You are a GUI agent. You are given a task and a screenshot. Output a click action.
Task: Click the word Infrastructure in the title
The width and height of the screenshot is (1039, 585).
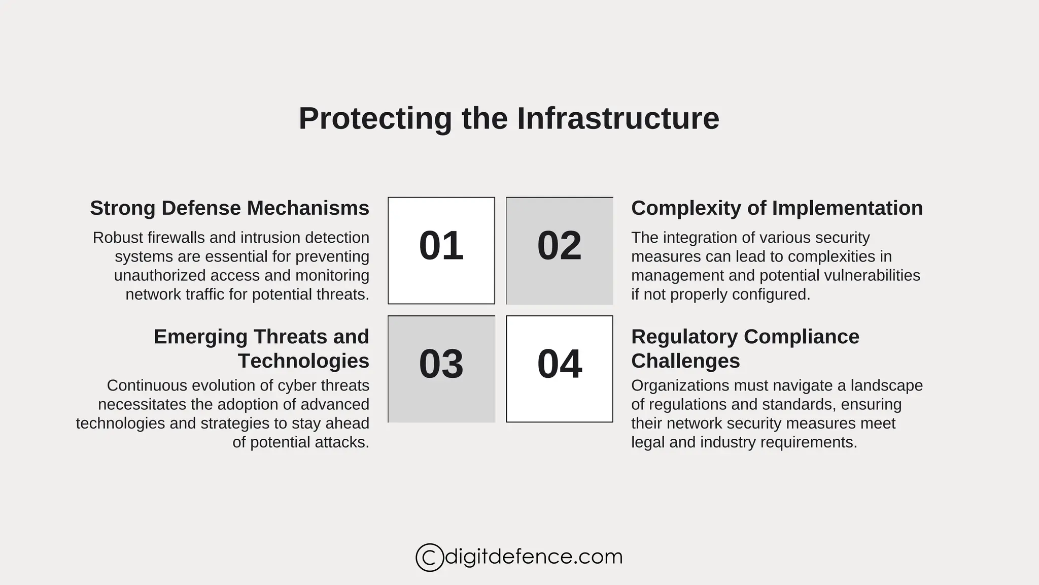(618, 119)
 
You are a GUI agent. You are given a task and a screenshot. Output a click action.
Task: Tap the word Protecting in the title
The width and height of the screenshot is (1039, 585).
(375, 119)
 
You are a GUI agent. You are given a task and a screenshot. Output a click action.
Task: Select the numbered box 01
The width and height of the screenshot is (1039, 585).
(441, 250)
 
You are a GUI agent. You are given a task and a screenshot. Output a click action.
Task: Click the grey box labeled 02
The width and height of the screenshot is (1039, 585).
(559, 250)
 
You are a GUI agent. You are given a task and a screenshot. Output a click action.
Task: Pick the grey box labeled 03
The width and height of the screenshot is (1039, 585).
(441, 369)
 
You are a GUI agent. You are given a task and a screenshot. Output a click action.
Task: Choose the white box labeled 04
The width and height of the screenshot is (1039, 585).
(559, 369)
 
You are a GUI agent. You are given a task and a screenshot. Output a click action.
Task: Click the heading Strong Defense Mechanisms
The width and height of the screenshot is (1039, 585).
(229, 208)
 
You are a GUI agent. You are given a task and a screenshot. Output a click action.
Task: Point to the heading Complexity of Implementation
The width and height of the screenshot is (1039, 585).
(777, 208)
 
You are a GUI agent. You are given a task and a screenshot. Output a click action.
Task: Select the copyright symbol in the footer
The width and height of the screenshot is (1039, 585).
(429, 558)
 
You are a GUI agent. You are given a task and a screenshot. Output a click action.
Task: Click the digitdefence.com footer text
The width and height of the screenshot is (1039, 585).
(533, 557)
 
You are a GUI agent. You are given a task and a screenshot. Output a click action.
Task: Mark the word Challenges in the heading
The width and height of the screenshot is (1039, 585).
(685, 361)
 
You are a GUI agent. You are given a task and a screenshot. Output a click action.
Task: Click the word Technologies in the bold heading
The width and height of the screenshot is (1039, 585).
(303, 361)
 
